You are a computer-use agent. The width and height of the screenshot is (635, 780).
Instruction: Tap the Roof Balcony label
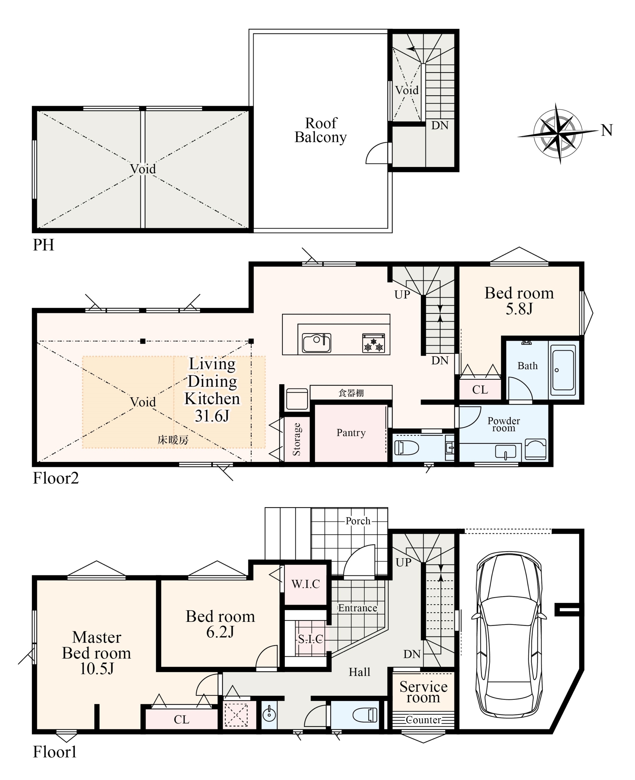(x=321, y=130)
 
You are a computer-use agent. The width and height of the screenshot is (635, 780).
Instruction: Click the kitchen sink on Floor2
(x=316, y=342)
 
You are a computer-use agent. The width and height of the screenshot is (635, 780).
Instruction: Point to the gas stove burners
(x=373, y=343)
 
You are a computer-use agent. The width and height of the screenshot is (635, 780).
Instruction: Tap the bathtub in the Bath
(x=563, y=370)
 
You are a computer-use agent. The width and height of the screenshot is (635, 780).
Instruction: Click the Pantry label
(x=351, y=433)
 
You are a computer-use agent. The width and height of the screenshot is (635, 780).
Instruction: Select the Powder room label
(x=504, y=424)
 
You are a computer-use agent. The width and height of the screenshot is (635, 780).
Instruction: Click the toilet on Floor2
(x=406, y=447)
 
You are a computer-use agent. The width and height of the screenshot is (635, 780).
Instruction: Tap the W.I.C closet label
(x=305, y=584)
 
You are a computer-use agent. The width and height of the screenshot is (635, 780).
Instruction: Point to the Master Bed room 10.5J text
(x=97, y=653)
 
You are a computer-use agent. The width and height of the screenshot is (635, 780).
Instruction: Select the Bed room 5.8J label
(x=519, y=300)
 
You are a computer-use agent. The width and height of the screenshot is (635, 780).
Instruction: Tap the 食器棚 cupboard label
(x=351, y=393)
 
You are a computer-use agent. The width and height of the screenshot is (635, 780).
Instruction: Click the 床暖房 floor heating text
(x=173, y=440)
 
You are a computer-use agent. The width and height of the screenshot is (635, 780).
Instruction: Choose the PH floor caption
(x=44, y=245)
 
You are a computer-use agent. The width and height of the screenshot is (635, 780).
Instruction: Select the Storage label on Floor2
(x=297, y=439)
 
